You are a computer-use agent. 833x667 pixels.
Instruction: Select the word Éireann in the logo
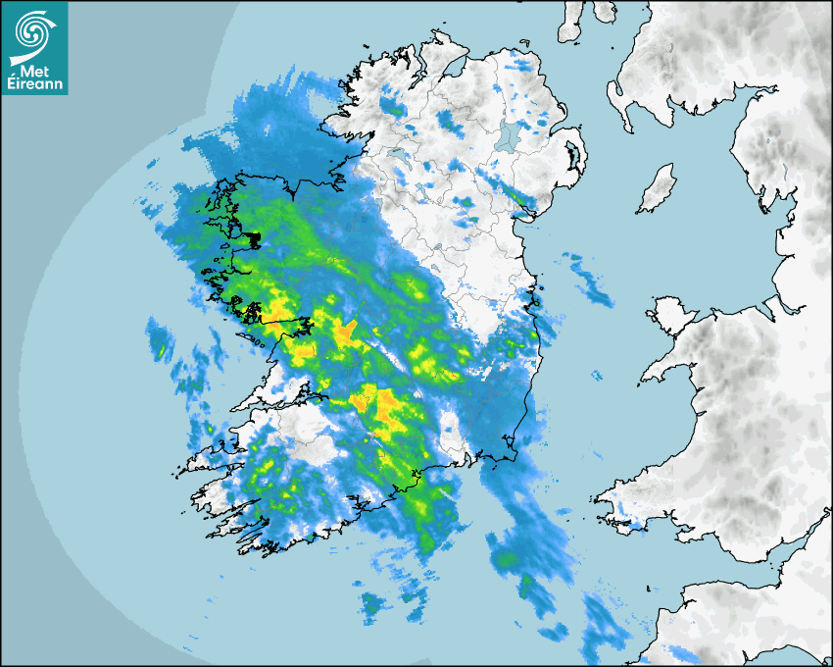(x=34, y=85)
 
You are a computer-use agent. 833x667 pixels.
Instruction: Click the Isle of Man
(x=656, y=189)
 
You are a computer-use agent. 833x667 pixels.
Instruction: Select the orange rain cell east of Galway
(x=345, y=333)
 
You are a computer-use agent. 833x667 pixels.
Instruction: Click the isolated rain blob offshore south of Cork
(x=373, y=605)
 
